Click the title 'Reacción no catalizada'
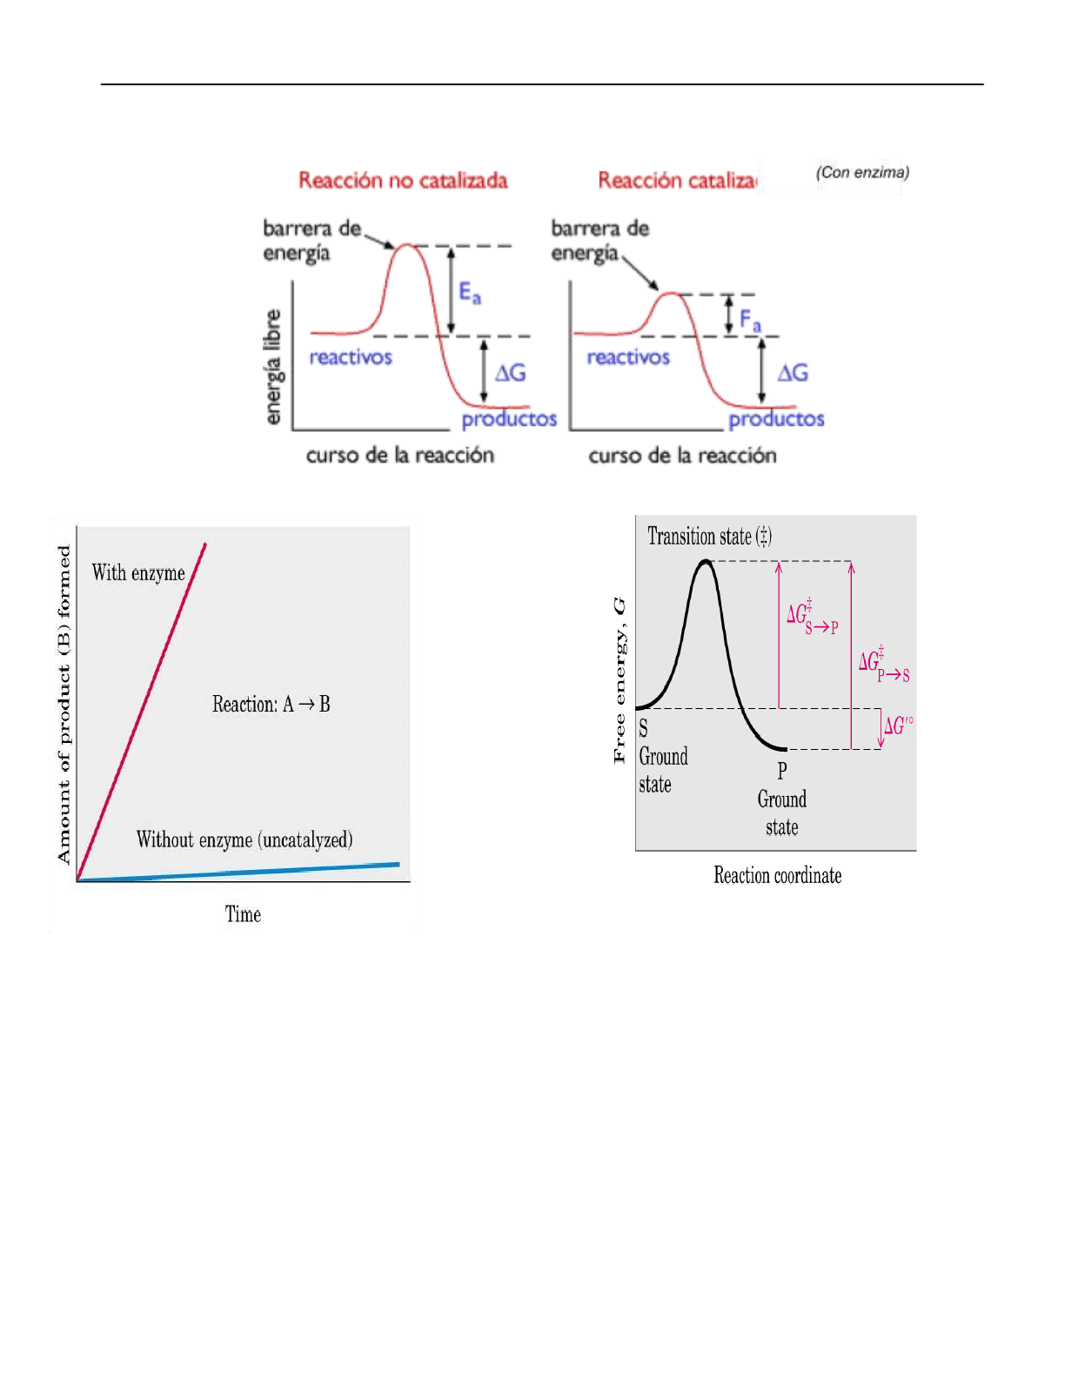click(403, 181)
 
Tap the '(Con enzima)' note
click(862, 172)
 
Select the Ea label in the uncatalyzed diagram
click(470, 292)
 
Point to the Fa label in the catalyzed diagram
click(750, 320)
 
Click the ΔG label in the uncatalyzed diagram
click(511, 373)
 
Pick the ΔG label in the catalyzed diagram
click(793, 373)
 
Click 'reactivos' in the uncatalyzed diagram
click(351, 357)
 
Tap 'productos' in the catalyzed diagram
click(776, 419)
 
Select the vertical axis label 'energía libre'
click(273, 367)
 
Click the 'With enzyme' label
click(138, 572)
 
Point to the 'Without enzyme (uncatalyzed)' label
click(244, 840)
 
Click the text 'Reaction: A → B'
click(271, 704)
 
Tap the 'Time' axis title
click(243, 914)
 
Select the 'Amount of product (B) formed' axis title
click(64, 705)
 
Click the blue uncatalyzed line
click(261, 873)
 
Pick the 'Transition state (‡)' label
click(709, 536)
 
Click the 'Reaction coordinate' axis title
click(777, 875)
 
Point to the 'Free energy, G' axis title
click(619, 680)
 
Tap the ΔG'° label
click(898, 726)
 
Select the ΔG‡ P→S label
click(883, 665)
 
